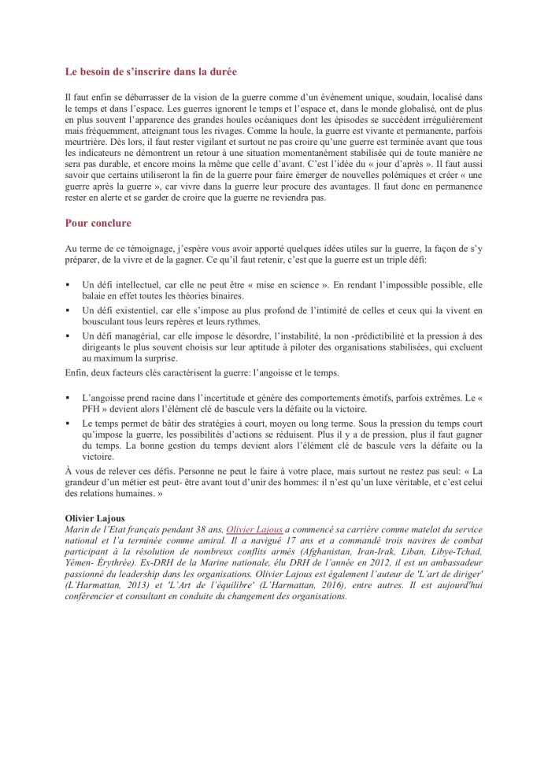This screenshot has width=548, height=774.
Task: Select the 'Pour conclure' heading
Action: click(98, 223)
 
